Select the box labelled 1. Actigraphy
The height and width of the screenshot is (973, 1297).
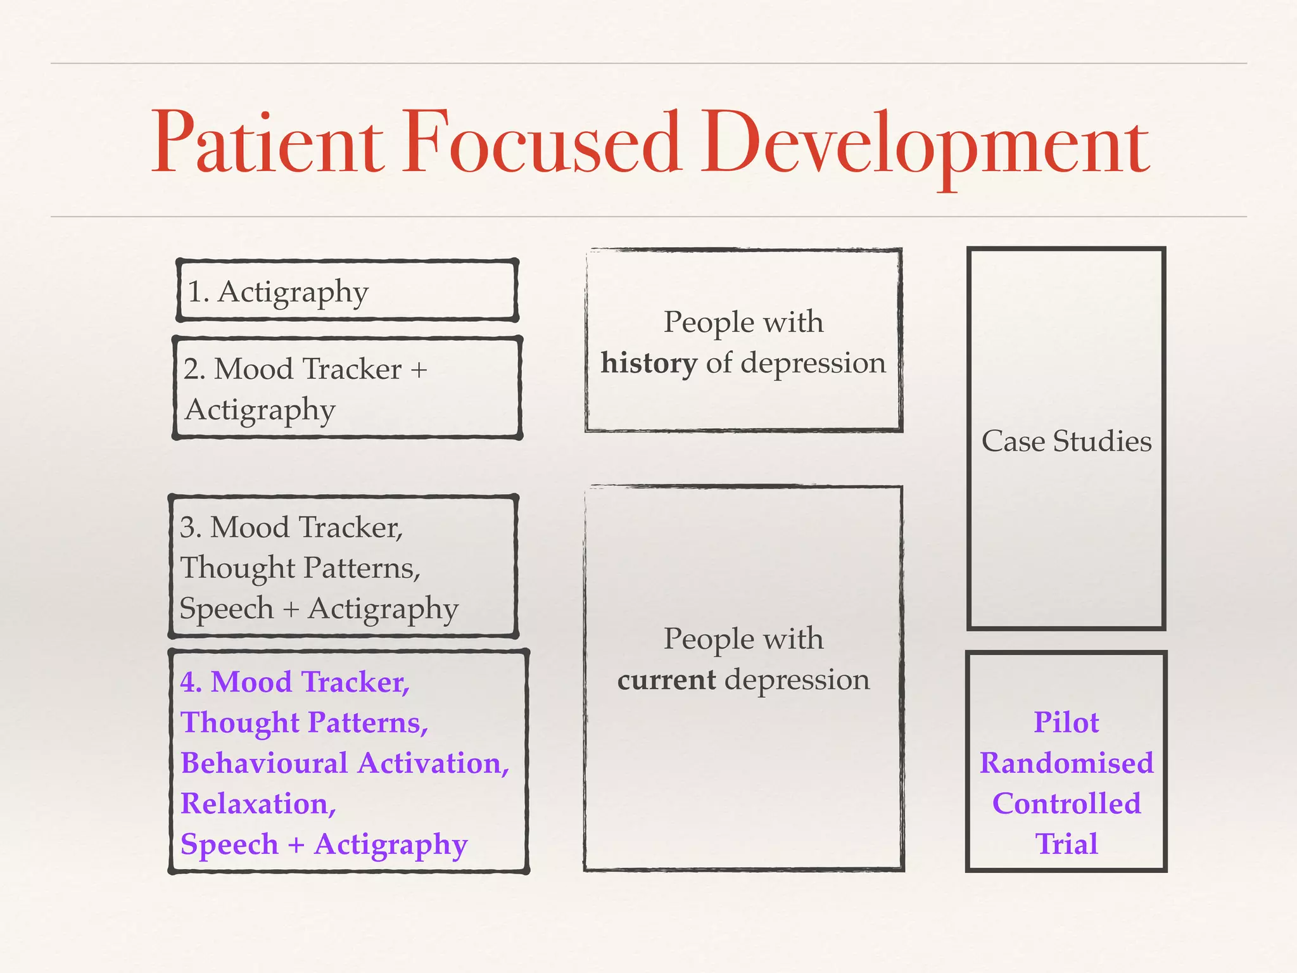click(x=346, y=291)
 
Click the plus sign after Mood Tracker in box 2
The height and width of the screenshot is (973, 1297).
click(x=419, y=369)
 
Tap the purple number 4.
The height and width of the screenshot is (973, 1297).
click(x=191, y=682)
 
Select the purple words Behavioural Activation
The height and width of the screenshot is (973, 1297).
click(x=344, y=763)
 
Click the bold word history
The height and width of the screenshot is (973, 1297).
click(x=648, y=364)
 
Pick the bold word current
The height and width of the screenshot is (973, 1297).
click(x=666, y=680)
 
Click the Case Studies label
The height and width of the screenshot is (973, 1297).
click(x=1066, y=442)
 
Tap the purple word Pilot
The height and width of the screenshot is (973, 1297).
click(x=1066, y=723)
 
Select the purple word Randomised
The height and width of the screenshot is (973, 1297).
click(x=1066, y=763)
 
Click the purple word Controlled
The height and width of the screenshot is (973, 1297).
click(x=1066, y=804)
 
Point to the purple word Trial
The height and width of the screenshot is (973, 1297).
click(x=1066, y=844)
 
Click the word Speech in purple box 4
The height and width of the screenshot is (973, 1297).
click(x=229, y=845)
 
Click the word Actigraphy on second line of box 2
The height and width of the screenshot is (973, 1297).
click(x=260, y=410)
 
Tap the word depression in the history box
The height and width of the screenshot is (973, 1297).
click(x=813, y=364)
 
